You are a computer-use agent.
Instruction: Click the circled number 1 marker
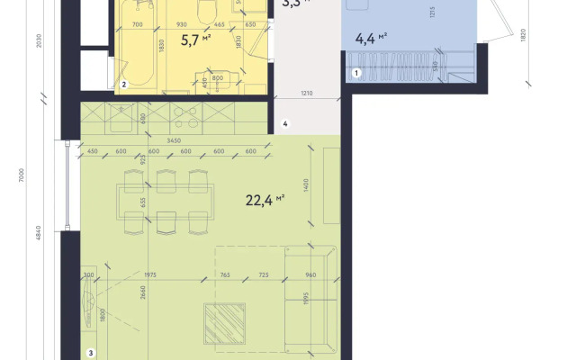pos(356,73)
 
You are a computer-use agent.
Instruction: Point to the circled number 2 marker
pos(124,85)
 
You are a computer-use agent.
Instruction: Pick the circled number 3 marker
pos(90,353)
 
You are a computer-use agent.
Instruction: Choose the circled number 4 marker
pos(284,123)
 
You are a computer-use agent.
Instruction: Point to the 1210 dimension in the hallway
pos(306,93)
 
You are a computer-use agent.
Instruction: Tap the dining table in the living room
pos(166,201)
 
